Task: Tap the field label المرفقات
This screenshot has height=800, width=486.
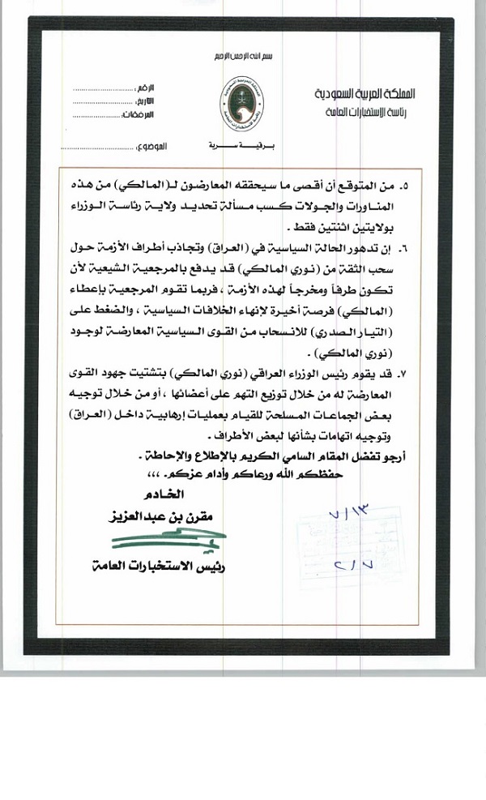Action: (x=153, y=116)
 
